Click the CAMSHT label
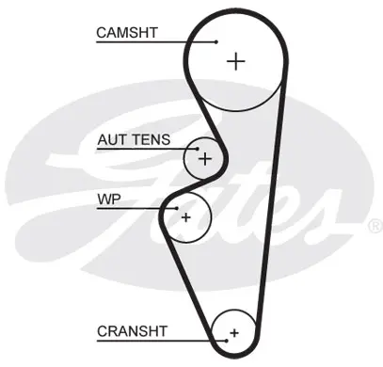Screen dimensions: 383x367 click(x=127, y=33)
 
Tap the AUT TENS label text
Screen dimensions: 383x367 click(x=134, y=139)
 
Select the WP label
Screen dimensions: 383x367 click(x=109, y=199)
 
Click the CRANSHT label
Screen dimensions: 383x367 click(x=132, y=331)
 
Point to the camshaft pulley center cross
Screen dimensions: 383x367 click(x=235, y=61)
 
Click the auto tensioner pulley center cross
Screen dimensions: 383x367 click(x=205, y=159)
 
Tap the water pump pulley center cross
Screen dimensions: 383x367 click(x=186, y=217)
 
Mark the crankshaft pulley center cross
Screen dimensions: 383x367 click(x=234, y=333)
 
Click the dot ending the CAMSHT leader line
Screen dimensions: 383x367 click(x=216, y=41)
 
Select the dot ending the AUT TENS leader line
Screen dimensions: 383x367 click(x=198, y=149)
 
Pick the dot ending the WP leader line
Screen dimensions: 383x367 click(x=177, y=208)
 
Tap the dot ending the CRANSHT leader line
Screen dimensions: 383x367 click(x=226, y=341)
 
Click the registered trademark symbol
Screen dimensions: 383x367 click(x=375, y=226)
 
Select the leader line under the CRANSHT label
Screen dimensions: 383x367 click(x=161, y=341)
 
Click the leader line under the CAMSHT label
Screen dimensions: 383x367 click(x=156, y=41)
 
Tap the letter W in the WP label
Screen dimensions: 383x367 click(x=104, y=199)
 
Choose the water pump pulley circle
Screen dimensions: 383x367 click(x=212, y=217)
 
